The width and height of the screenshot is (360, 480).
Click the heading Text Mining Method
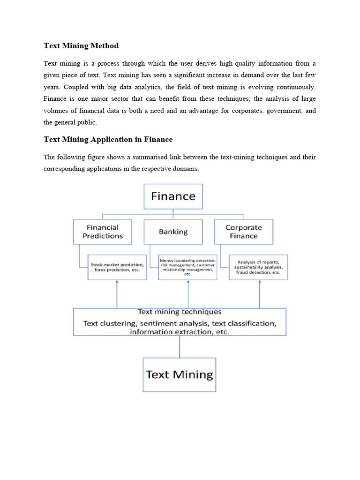click(x=81, y=45)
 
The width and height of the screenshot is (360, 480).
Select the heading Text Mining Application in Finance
click(x=108, y=139)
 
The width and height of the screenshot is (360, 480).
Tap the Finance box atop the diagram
click(x=173, y=196)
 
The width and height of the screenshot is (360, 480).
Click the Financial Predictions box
click(x=103, y=232)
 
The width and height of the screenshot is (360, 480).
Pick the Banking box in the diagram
click(x=173, y=232)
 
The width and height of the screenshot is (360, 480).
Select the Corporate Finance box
click(x=243, y=232)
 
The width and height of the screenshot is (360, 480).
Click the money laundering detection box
click(x=187, y=267)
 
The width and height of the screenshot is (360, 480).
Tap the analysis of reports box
click(x=258, y=267)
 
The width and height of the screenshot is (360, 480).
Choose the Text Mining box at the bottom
click(x=180, y=375)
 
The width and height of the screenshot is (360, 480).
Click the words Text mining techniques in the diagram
click(x=180, y=312)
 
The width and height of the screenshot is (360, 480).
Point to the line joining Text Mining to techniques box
click(x=180, y=346)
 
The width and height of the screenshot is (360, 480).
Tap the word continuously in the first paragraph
click(x=294, y=87)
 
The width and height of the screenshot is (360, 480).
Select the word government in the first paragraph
click(x=280, y=111)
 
